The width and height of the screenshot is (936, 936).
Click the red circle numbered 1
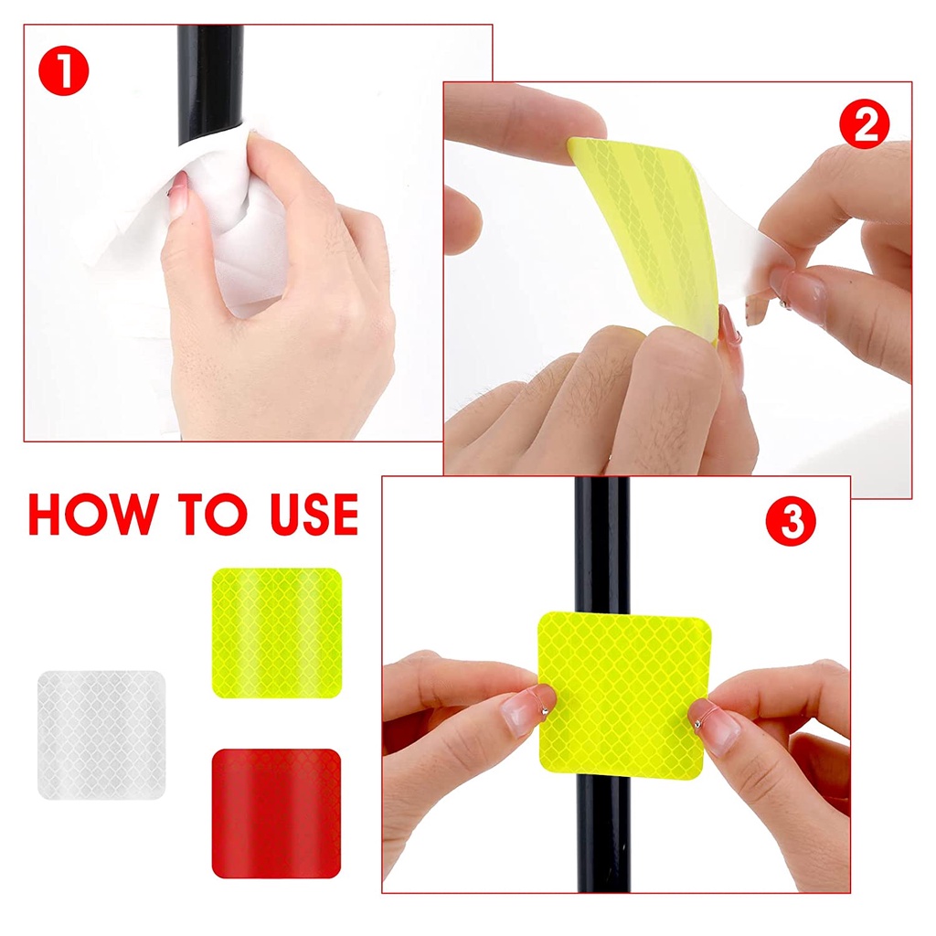(63, 70)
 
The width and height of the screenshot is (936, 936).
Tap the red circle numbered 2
(864, 123)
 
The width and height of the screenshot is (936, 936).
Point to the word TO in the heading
(213, 514)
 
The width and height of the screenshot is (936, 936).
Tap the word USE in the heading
(314, 514)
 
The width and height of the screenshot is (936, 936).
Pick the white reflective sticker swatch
(101, 735)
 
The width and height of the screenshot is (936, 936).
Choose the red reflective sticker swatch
(276, 814)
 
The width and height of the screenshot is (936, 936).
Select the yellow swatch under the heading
(277, 633)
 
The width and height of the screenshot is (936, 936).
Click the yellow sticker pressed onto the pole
(624, 696)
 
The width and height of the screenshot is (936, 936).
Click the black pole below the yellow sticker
(603, 835)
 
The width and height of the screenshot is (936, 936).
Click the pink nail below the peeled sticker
(729, 325)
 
